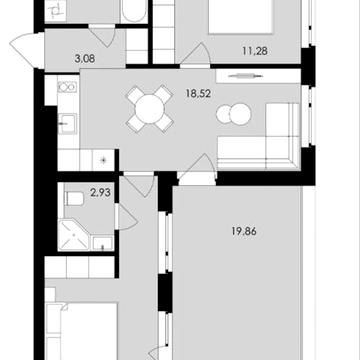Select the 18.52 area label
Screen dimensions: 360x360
tap(197, 98)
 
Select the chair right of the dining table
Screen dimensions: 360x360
tap(166, 107)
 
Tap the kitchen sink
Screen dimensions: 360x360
tap(68, 125)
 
